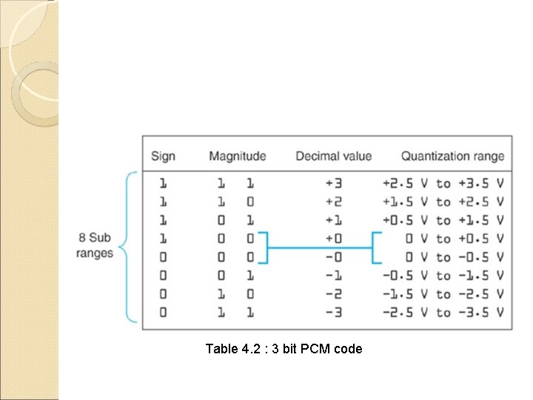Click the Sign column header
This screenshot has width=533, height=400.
pos(163,156)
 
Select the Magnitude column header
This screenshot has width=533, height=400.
pos(237,156)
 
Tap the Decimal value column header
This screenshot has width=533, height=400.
pos(333,156)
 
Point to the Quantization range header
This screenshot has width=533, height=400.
pos(452,156)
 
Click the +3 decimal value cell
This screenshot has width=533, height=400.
pos(333,182)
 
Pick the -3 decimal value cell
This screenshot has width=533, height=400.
pos(333,312)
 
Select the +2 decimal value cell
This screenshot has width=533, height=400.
pos(333,201)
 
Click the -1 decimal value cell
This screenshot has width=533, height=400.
pos(333,276)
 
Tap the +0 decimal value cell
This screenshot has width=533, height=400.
pos(333,239)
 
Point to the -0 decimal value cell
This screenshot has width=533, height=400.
pos(333,257)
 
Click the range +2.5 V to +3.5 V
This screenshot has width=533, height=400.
pos(444,182)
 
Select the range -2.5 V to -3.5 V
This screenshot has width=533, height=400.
pos(444,312)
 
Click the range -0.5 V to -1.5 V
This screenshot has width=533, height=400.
pos(444,276)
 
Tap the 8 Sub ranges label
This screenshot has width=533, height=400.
pos(95,245)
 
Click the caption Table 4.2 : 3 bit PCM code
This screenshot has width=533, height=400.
pos(284,348)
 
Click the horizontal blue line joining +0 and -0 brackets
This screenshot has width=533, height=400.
pos(320,247)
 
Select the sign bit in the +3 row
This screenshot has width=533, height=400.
pos(163,182)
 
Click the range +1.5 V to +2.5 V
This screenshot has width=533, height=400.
pos(444,201)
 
